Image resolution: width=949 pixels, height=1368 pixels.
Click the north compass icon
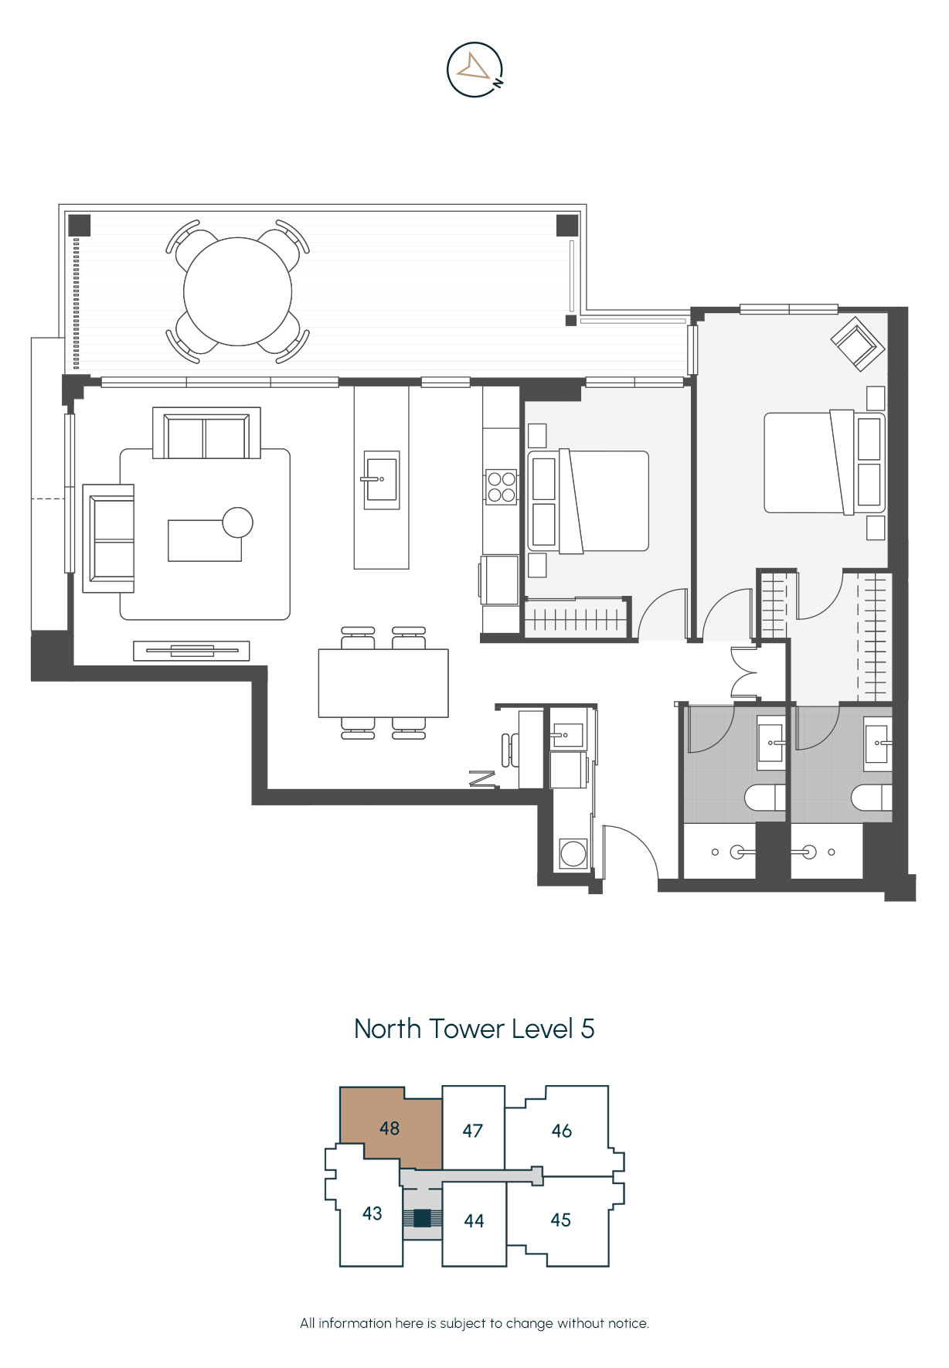[x=475, y=70]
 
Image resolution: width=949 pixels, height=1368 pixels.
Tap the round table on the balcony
[x=238, y=291]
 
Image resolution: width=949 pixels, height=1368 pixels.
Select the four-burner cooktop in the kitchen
[x=501, y=487]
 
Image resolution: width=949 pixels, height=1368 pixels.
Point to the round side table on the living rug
[x=237, y=523]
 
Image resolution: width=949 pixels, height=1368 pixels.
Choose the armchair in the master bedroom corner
[x=858, y=342]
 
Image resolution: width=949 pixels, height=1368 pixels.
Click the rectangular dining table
[x=383, y=683]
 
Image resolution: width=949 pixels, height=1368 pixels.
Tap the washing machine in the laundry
[x=573, y=853]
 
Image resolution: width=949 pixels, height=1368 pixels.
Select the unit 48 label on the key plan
[x=389, y=1128]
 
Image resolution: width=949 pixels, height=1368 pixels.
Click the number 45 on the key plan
[x=561, y=1220]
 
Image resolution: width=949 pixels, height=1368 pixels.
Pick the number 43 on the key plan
[x=372, y=1213]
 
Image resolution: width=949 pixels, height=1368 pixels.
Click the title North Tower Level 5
[x=474, y=1029]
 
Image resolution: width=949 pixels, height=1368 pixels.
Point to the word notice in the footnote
[x=627, y=1323]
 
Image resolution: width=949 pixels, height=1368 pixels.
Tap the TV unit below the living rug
[x=192, y=651]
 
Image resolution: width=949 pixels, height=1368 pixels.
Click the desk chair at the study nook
[x=510, y=750]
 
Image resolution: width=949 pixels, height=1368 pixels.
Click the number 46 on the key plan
[x=562, y=1131]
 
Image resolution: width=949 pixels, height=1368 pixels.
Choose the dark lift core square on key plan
[x=422, y=1218]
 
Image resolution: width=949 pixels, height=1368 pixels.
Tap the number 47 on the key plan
[x=473, y=1131]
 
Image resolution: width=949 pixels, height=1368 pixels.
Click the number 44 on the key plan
[x=474, y=1220]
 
